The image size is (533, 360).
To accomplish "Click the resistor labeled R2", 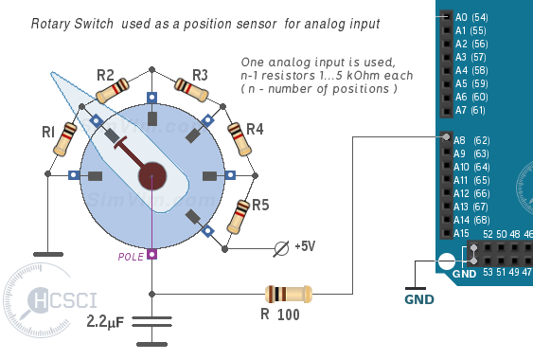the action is tap(113, 91).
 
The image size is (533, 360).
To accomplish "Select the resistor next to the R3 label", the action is tap(190, 90).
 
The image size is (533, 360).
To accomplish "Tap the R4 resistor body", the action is tap(240, 139).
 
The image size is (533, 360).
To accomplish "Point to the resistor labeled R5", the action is tap(239, 217).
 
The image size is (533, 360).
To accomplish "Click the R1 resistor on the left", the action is tap(65, 139).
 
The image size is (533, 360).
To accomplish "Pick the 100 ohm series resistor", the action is tap(289, 294).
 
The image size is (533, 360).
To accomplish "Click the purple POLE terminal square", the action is tap(151, 254).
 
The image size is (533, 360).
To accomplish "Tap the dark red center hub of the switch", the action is tap(152, 176).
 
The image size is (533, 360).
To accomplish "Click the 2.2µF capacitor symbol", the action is tap(151, 322).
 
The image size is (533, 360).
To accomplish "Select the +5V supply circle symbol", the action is tap(281, 249).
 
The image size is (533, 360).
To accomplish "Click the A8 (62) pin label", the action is tap(471, 140).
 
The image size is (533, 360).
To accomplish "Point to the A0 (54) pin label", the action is tap(471, 17).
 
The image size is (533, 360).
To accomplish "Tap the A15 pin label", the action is tap(461, 233).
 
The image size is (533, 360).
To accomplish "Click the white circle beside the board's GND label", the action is tap(447, 261).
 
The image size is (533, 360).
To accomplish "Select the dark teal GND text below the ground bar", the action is tap(419, 299).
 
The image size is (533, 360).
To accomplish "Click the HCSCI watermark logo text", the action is tap(62, 299).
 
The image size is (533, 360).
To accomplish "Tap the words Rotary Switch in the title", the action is tap(72, 24).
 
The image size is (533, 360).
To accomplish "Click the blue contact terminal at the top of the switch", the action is tap(151, 98).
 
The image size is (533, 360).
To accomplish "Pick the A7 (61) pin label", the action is tap(471, 110).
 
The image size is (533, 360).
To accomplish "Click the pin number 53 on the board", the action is tap(488, 272).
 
